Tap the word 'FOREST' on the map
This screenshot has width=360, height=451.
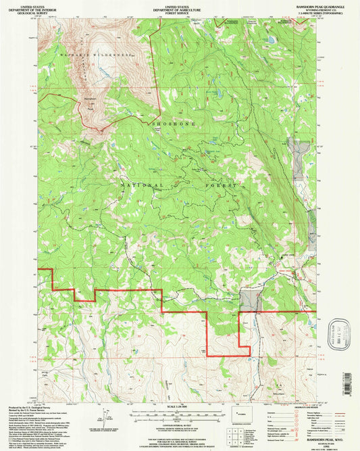224,185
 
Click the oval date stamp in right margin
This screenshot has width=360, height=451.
332,334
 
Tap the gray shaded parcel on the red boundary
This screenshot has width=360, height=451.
250,300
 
